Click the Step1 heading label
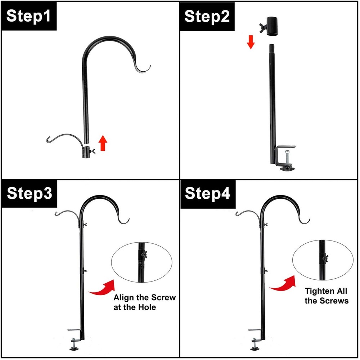point(28,17)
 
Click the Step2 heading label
point(207,17)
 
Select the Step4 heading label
point(207,193)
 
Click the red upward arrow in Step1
point(103,143)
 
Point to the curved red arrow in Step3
point(101,288)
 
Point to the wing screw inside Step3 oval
point(144,256)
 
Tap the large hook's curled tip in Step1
point(145,69)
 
